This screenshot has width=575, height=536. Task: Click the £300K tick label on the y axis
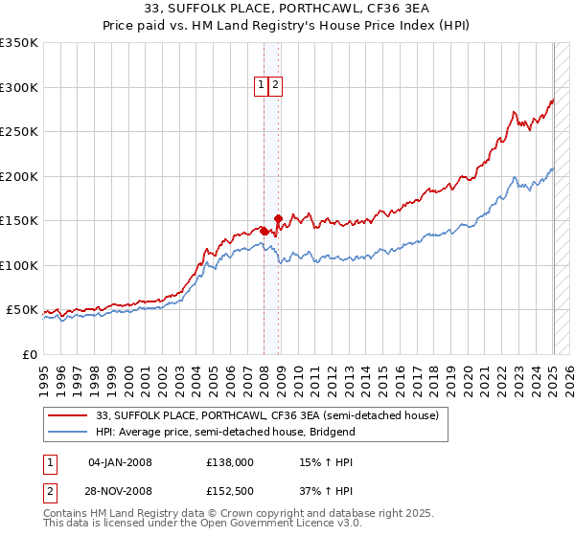click(x=19, y=87)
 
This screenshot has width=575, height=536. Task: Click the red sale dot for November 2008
click(x=278, y=218)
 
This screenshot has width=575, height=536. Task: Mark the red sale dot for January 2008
click(x=264, y=231)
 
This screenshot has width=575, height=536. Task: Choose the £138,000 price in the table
click(x=230, y=462)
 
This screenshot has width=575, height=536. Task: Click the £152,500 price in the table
click(x=230, y=491)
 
